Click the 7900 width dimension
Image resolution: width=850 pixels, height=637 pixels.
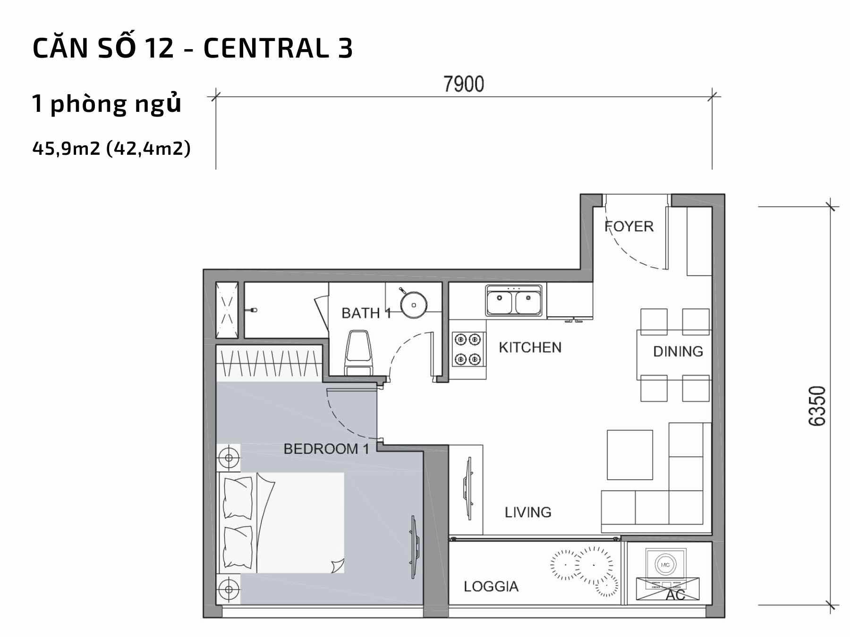(x=464, y=84)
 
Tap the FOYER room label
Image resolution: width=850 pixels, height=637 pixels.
(x=629, y=226)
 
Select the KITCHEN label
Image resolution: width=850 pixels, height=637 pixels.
(x=530, y=348)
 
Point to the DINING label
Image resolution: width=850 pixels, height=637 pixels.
(x=678, y=352)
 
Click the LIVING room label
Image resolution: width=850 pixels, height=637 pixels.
(x=528, y=512)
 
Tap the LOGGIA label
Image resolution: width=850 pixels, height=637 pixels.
(x=491, y=587)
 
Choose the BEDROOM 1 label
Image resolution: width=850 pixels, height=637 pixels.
(x=326, y=449)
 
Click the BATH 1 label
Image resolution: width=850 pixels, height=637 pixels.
(x=366, y=313)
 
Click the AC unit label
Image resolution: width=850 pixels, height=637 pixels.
(x=675, y=595)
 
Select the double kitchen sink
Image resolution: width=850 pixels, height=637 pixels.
(x=516, y=300)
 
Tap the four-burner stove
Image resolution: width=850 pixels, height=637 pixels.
(x=467, y=349)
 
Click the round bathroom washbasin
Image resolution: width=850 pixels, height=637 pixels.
(x=414, y=304)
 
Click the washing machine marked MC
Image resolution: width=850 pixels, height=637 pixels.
(x=665, y=565)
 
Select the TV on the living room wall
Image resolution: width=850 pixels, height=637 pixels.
(x=467, y=489)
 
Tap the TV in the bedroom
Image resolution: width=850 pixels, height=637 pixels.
(x=414, y=547)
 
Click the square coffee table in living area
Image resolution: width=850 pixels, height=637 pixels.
(x=630, y=454)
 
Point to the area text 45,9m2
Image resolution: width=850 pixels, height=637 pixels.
(x=67, y=148)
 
